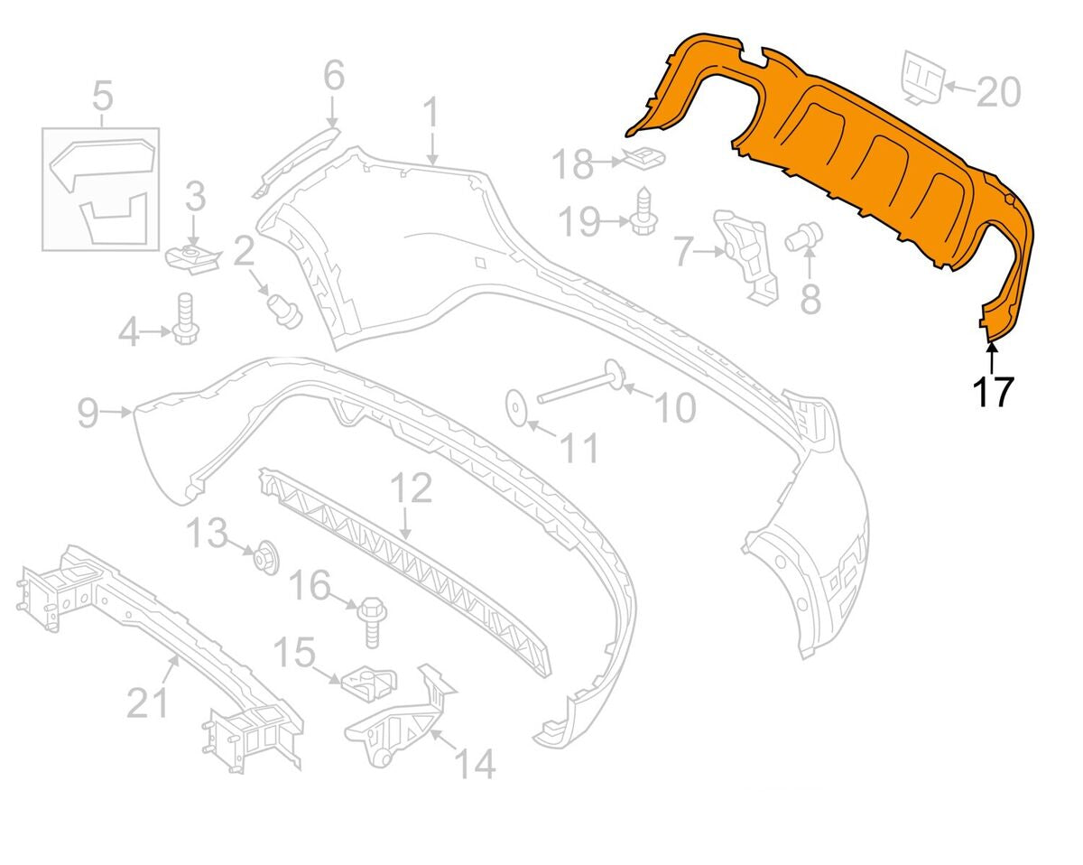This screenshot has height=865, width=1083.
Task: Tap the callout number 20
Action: coord(999,93)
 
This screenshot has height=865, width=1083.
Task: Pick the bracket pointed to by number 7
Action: coord(745,256)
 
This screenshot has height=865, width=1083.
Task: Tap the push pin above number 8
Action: coord(804,236)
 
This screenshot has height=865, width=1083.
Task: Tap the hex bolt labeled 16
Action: coord(370,622)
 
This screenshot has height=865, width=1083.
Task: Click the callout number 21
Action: coord(147,702)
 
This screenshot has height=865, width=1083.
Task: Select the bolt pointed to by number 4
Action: coord(186,319)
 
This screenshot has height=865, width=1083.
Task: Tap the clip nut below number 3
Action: coord(194,259)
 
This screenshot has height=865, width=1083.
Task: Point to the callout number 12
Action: coord(412,488)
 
